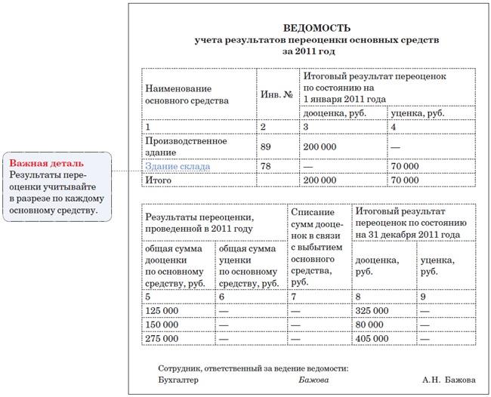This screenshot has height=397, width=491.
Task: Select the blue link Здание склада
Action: [x=178, y=166]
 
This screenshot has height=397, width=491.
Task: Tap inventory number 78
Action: [x=265, y=166]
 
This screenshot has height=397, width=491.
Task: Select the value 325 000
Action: [x=372, y=310]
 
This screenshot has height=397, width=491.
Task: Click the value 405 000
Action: [x=372, y=340]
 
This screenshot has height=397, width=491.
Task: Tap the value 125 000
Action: [x=162, y=310]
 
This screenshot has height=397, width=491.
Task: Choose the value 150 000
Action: [x=162, y=325]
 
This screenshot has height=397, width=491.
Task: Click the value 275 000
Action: [x=162, y=340]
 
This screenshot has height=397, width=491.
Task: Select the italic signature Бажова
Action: [x=313, y=380]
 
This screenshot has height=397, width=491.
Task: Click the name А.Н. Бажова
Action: [x=449, y=380]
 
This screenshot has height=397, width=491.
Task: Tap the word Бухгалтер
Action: [x=179, y=380]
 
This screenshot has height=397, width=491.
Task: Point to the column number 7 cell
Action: [x=294, y=297]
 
